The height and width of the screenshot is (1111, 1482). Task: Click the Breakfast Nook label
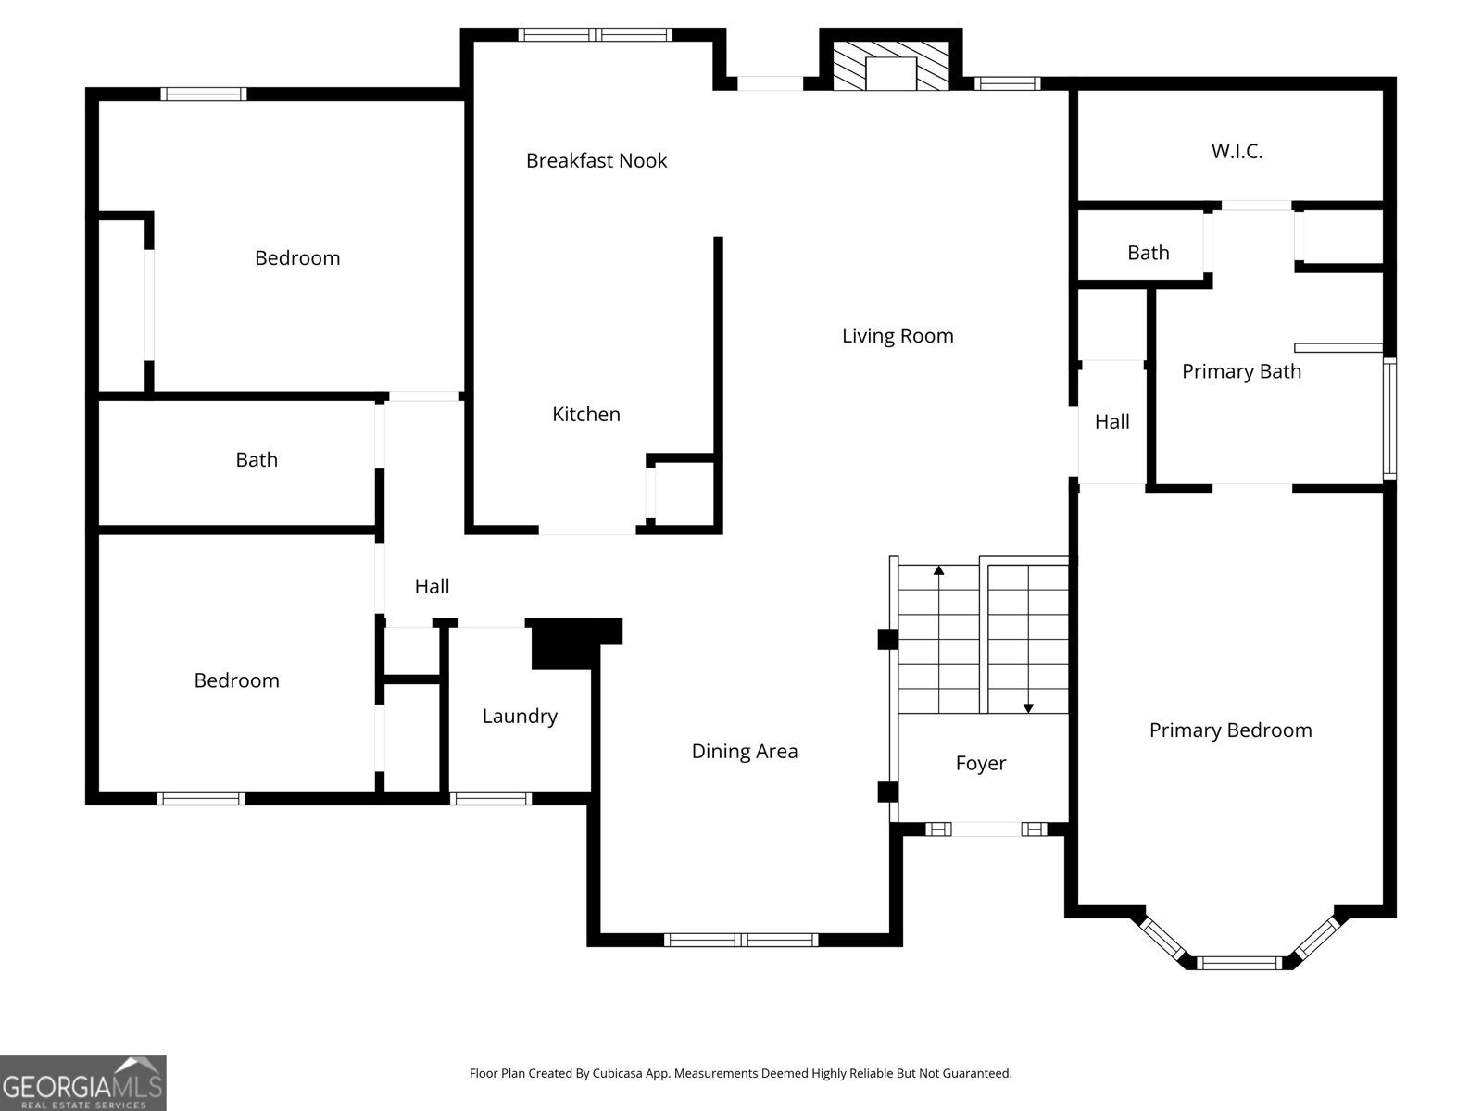point(596,160)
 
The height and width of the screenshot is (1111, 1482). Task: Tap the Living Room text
point(897,335)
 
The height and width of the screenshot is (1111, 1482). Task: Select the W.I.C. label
point(1237,151)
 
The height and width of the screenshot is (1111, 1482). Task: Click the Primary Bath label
point(1241,371)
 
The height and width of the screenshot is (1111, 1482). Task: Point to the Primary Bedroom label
point(1230,730)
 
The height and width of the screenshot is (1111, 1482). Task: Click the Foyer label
point(980,763)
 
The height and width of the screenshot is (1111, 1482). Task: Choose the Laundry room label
point(520,716)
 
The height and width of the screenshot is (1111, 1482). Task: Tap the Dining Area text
point(744,751)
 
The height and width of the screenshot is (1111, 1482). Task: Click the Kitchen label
point(585,414)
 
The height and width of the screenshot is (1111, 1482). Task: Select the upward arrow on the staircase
point(939,571)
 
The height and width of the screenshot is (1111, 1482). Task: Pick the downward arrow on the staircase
point(1028,707)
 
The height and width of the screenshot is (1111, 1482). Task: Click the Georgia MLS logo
point(82,1082)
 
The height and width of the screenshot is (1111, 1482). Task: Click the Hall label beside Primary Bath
point(1111,421)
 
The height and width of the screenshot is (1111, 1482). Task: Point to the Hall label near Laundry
point(432,586)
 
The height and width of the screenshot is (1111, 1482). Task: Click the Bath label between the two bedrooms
point(256,459)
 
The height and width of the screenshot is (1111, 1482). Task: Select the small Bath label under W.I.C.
point(1148,253)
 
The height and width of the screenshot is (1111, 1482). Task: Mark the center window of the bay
point(1239,963)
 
